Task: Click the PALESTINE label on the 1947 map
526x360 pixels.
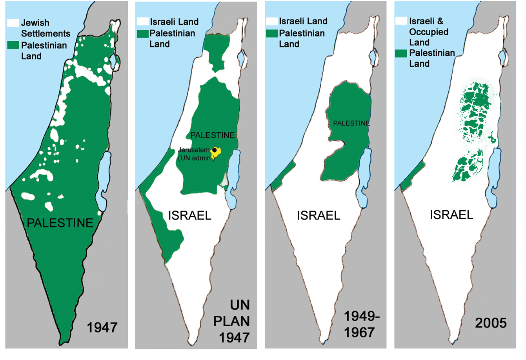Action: [x=60, y=223]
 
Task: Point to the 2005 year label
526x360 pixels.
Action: [x=491, y=323]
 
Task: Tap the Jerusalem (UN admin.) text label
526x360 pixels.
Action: [x=195, y=154]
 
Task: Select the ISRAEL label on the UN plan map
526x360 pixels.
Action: [x=189, y=215]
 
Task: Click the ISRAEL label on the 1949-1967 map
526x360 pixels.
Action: [x=319, y=215]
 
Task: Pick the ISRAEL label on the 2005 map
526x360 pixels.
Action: [x=451, y=215]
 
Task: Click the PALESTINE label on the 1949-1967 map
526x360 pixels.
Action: [x=351, y=123]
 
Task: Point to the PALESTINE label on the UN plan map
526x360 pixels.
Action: [x=212, y=135]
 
